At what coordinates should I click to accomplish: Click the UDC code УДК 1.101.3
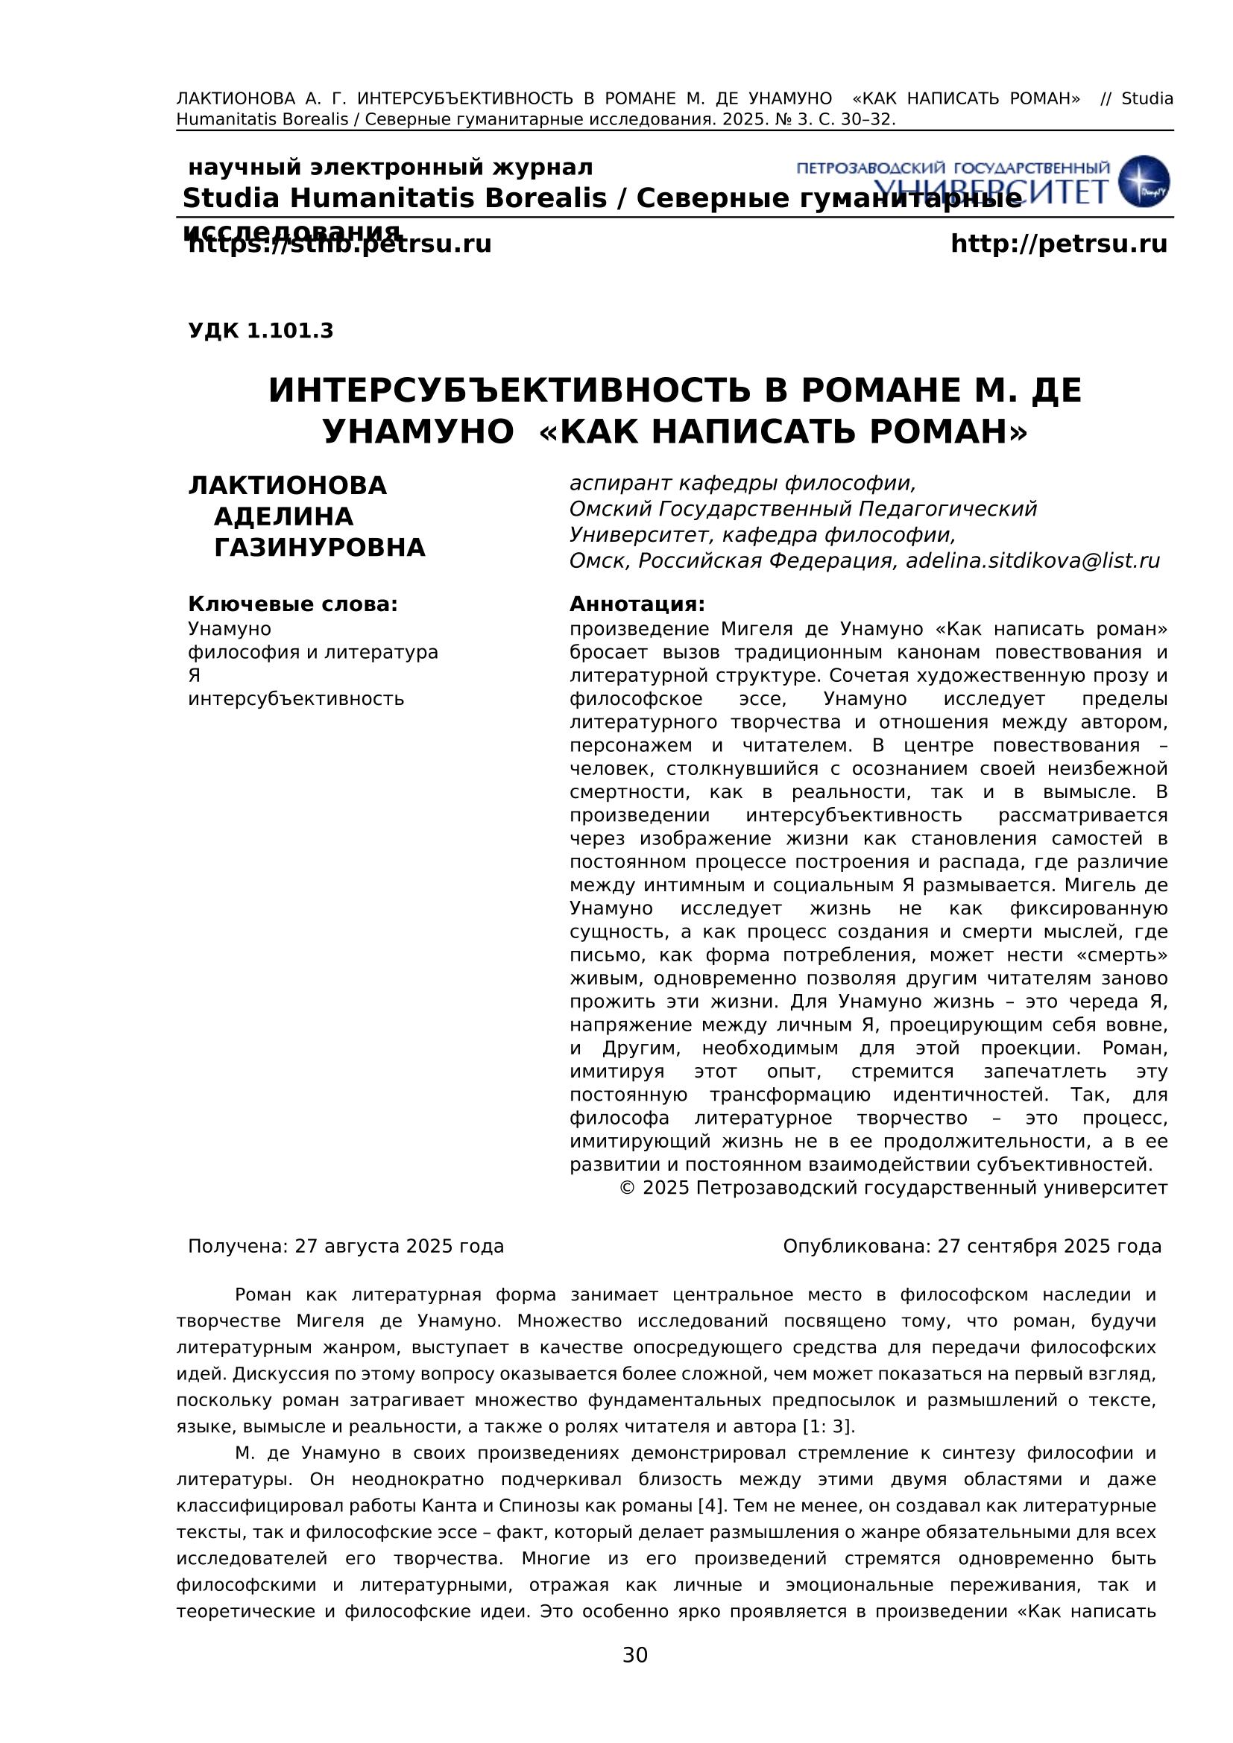tap(260, 331)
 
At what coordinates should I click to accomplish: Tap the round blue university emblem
tap(1144, 181)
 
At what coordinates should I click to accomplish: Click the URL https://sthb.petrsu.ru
tap(339, 244)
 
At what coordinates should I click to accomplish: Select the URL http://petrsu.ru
tap(1059, 244)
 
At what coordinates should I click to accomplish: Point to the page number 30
tap(634, 1655)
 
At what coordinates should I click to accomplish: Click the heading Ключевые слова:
tap(293, 604)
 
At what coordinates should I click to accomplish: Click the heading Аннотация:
tap(637, 604)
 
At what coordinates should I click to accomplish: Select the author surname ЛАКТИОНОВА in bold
tap(288, 486)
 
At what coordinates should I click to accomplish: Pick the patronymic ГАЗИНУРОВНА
tap(320, 548)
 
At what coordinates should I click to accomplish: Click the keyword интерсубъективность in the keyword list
tap(296, 698)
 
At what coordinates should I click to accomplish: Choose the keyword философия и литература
tap(313, 652)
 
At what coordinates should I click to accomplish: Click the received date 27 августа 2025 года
tap(400, 1247)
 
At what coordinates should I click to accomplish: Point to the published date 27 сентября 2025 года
tap(1050, 1247)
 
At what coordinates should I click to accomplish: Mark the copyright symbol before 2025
tap(627, 1188)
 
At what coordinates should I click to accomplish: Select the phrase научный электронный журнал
tap(390, 167)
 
